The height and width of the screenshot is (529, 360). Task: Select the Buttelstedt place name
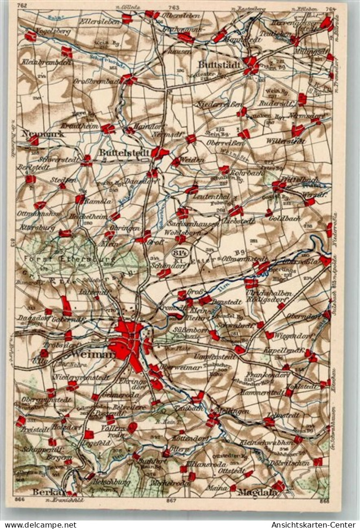click(125, 153)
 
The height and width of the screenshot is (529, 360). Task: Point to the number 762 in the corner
click(22, 5)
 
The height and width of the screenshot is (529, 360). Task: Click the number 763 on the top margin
click(174, 7)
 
